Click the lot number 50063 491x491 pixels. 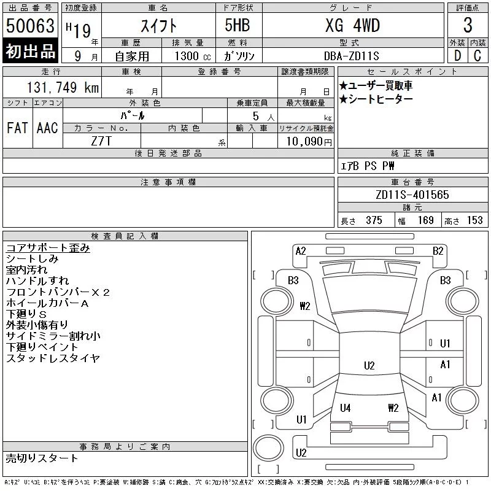[30, 25]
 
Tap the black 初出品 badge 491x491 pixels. [30, 50]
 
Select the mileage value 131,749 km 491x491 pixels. [63, 87]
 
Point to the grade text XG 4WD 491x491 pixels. [352, 25]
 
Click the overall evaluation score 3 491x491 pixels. [468, 25]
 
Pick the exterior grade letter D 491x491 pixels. [457, 56]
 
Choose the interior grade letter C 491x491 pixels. [477, 56]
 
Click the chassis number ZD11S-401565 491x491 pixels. [412, 195]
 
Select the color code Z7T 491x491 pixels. [101, 141]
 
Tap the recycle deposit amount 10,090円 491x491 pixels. [309, 141]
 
